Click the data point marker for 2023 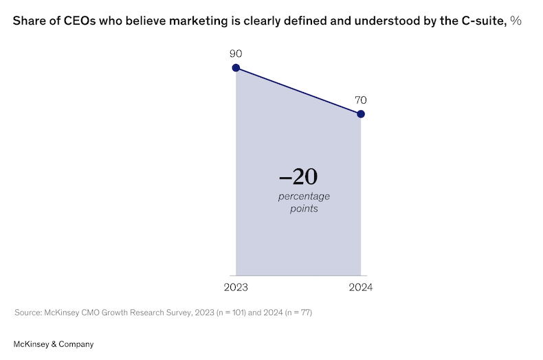point(236,68)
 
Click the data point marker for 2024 point(361,113)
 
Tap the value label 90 point(236,53)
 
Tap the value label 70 point(361,100)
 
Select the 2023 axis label point(236,287)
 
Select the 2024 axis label point(361,287)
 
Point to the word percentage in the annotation point(304,196)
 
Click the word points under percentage point(304,208)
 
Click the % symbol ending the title point(515,21)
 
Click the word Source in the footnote point(28,313)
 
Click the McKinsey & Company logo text point(54,344)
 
